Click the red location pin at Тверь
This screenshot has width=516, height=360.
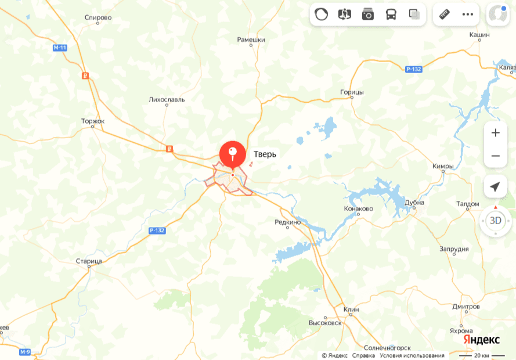(x=232, y=154)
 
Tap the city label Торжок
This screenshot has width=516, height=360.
(x=93, y=121)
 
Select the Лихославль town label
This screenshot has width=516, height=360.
(x=167, y=99)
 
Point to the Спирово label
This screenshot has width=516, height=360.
(x=98, y=18)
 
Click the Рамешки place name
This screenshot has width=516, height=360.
(x=251, y=40)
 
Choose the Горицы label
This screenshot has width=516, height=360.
(x=352, y=92)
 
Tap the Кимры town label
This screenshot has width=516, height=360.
(x=443, y=166)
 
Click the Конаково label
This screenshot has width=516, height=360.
(x=358, y=208)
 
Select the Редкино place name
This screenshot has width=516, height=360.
(x=287, y=222)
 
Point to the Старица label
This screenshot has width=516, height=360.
(x=89, y=261)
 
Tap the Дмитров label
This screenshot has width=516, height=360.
(x=466, y=307)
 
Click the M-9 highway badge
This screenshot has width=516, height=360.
(x=25, y=352)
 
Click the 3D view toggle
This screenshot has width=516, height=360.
(x=495, y=221)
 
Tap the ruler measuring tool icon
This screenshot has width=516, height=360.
(x=445, y=15)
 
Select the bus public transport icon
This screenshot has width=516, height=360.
(x=391, y=15)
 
